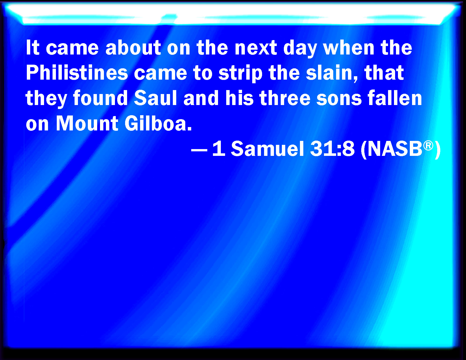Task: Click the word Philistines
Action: point(77,73)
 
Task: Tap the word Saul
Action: point(156,98)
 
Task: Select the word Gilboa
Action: point(158,123)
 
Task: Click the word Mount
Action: point(87,123)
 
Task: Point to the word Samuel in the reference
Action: point(267,149)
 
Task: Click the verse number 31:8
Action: point(332,149)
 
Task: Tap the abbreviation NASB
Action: point(395,149)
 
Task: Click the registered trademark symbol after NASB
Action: point(428,146)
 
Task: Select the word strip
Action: point(241,73)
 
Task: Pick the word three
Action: point(285,98)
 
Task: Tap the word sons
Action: point(339,99)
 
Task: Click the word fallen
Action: point(395,98)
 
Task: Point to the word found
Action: point(101,98)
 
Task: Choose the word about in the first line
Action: point(133,47)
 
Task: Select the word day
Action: point(300,49)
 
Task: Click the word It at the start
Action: point(32,47)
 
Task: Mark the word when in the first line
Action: point(349,47)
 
